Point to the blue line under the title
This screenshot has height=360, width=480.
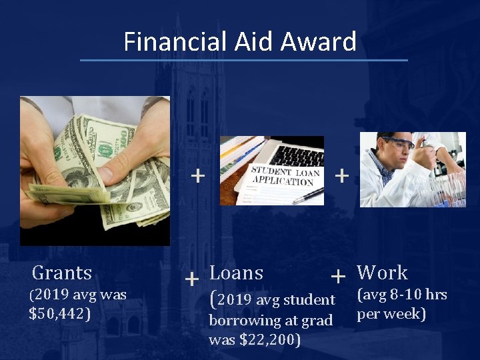pos(243,60)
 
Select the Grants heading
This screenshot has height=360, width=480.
pos(62,273)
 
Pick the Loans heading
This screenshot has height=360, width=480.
pos(237,273)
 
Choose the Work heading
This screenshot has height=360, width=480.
pos(382,273)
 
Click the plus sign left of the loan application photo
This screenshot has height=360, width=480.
pos(197,175)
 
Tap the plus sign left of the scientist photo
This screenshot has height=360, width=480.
pos(341,175)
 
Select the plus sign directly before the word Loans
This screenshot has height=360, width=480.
pos(192,277)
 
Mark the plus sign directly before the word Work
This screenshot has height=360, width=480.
pos(338,275)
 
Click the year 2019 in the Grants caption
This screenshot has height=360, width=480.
pos(55,295)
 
